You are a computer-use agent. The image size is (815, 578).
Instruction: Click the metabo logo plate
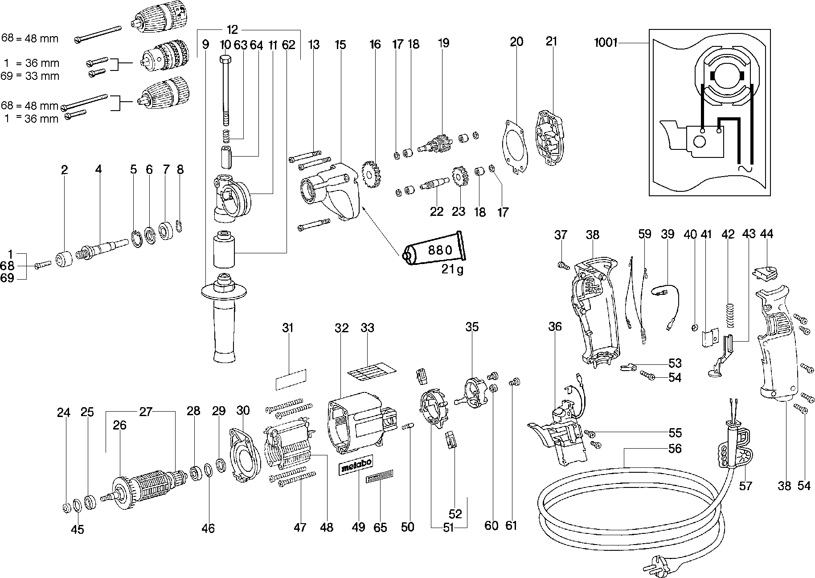point(356,466)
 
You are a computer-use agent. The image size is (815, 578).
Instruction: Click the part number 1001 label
point(606,43)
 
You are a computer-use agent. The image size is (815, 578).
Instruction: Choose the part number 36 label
point(555,327)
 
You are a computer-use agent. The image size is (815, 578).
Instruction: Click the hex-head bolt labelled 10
point(225,89)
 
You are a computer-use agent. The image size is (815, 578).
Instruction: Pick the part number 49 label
point(358,527)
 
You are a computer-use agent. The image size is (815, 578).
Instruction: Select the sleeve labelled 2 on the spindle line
point(65,260)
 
